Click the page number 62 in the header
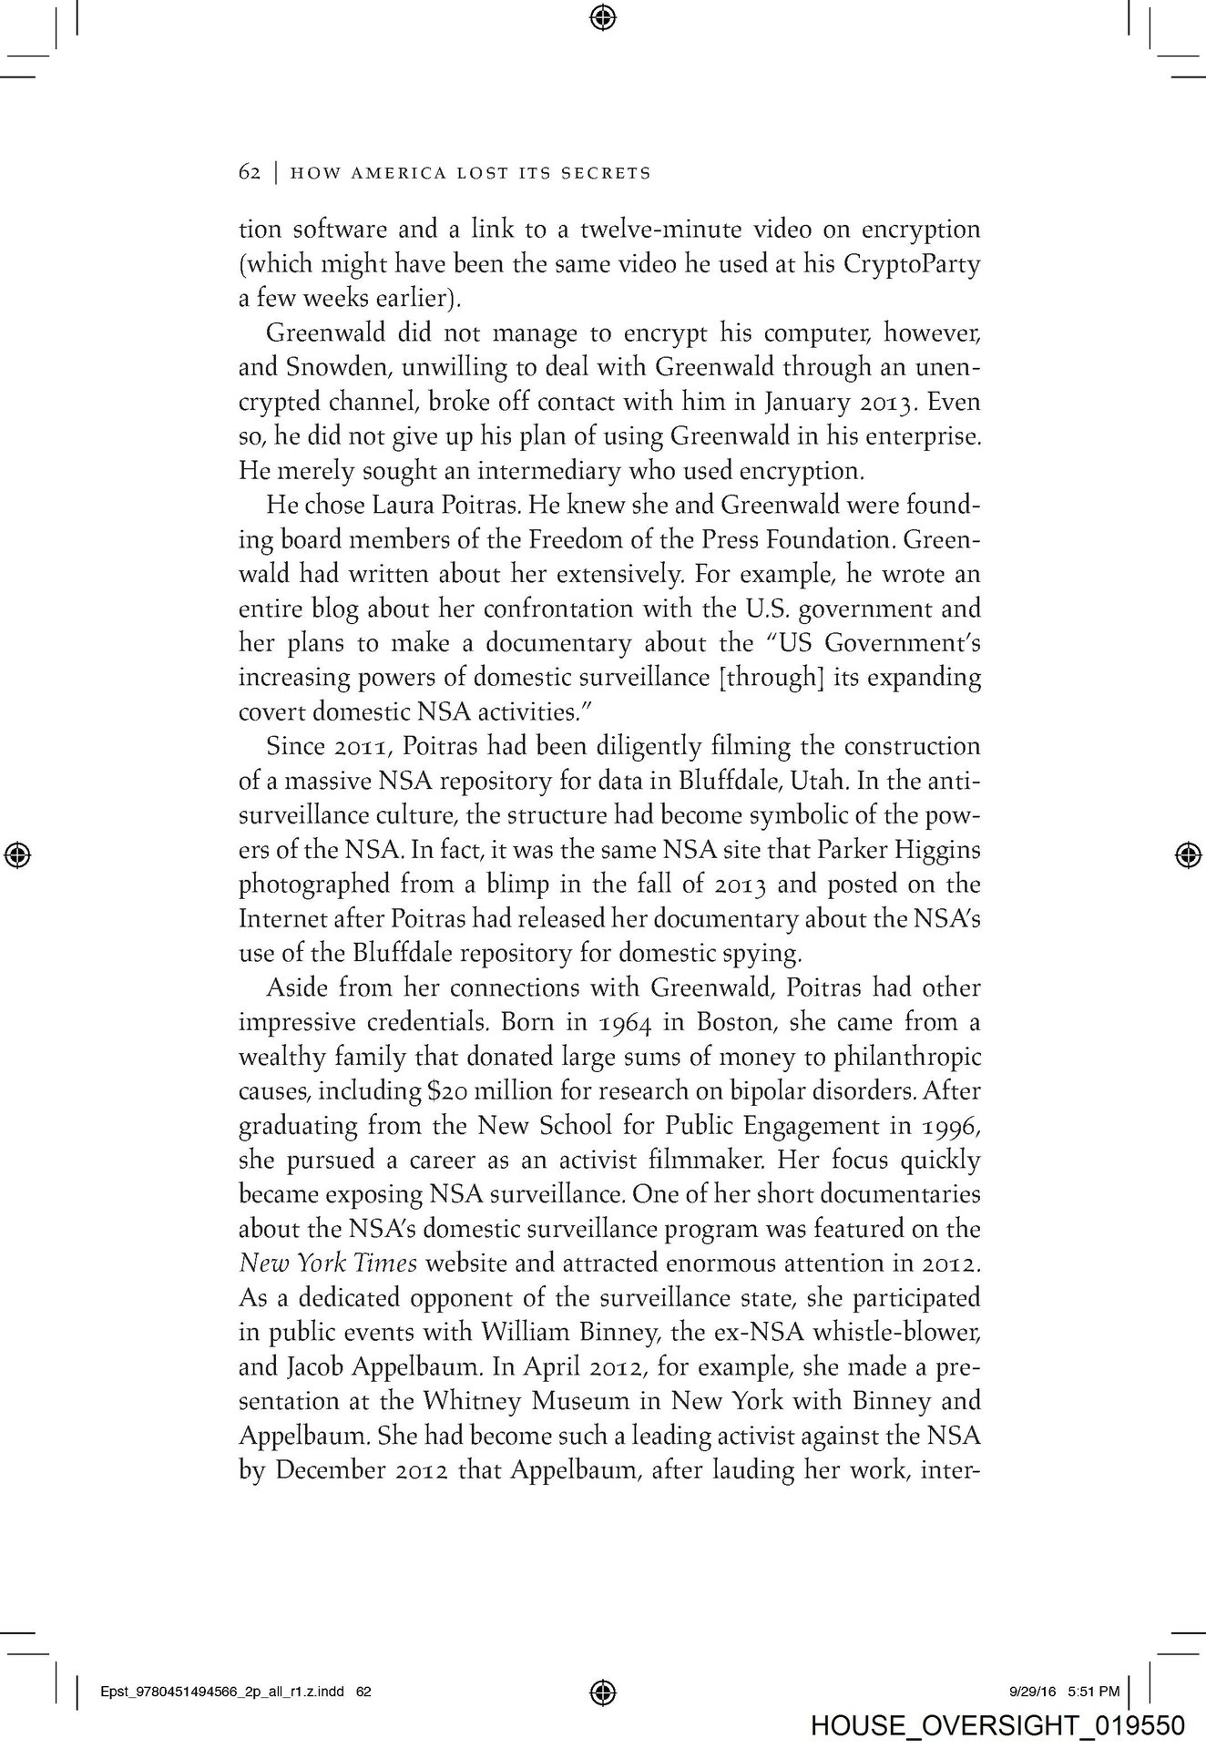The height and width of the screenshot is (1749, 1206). point(250,172)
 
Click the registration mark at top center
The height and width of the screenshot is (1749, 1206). point(603,15)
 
